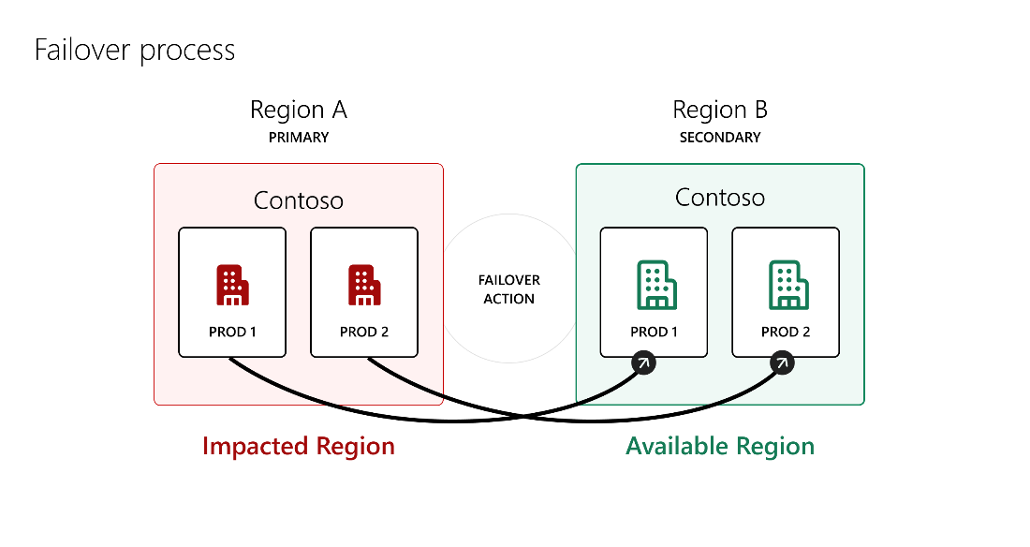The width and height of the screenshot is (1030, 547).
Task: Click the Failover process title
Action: click(x=135, y=51)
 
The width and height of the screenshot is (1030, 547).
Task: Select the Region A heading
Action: click(x=298, y=110)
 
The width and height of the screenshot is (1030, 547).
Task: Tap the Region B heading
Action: click(x=720, y=110)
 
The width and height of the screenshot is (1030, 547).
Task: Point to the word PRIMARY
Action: click(x=298, y=138)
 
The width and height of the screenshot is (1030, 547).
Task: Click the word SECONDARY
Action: click(x=720, y=138)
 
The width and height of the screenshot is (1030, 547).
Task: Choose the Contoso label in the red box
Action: click(x=298, y=200)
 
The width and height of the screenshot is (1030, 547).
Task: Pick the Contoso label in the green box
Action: click(x=720, y=198)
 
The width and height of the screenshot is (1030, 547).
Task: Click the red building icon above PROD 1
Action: click(x=232, y=285)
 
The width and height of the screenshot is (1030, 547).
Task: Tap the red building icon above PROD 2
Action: click(x=364, y=285)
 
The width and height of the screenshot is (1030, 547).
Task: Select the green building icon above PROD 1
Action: click(x=657, y=285)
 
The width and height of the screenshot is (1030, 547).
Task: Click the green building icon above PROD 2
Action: click(x=789, y=285)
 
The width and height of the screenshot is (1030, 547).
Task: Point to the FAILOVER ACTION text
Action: click(x=509, y=289)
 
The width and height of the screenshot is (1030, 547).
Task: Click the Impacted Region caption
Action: click(x=298, y=447)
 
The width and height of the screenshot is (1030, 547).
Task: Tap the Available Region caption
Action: click(x=720, y=447)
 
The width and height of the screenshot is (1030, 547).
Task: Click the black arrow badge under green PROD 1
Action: click(x=644, y=362)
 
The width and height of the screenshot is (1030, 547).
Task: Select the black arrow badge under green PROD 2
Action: click(x=782, y=362)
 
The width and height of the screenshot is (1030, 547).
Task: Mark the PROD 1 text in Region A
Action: click(x=232, y=332)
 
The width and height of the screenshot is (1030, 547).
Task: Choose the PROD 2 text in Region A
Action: click(x=364, y=332)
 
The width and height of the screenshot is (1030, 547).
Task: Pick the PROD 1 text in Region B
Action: click(x=654, y=332)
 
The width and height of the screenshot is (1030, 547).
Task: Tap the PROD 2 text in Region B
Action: click(x=786, y=332)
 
